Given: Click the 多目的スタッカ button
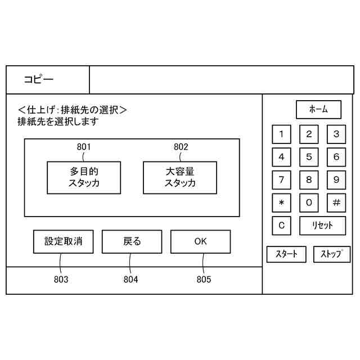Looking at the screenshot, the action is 83,178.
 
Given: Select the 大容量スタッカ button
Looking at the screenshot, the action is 180,178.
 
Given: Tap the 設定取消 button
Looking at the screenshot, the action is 63,242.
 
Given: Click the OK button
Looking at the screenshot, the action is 200,242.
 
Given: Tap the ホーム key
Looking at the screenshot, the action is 318,110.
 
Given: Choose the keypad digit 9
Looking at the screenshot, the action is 336,180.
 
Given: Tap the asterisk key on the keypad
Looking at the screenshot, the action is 281,202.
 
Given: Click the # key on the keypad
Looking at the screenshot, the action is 336,202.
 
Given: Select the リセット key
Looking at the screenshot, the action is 323,226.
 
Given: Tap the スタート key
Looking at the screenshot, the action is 286,254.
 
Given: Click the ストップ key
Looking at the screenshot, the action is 331,254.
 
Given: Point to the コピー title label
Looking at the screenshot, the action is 39,80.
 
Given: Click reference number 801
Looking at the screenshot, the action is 84,147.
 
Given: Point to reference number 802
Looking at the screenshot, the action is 181,147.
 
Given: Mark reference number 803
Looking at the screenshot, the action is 61,280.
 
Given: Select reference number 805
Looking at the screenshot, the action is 204,280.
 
